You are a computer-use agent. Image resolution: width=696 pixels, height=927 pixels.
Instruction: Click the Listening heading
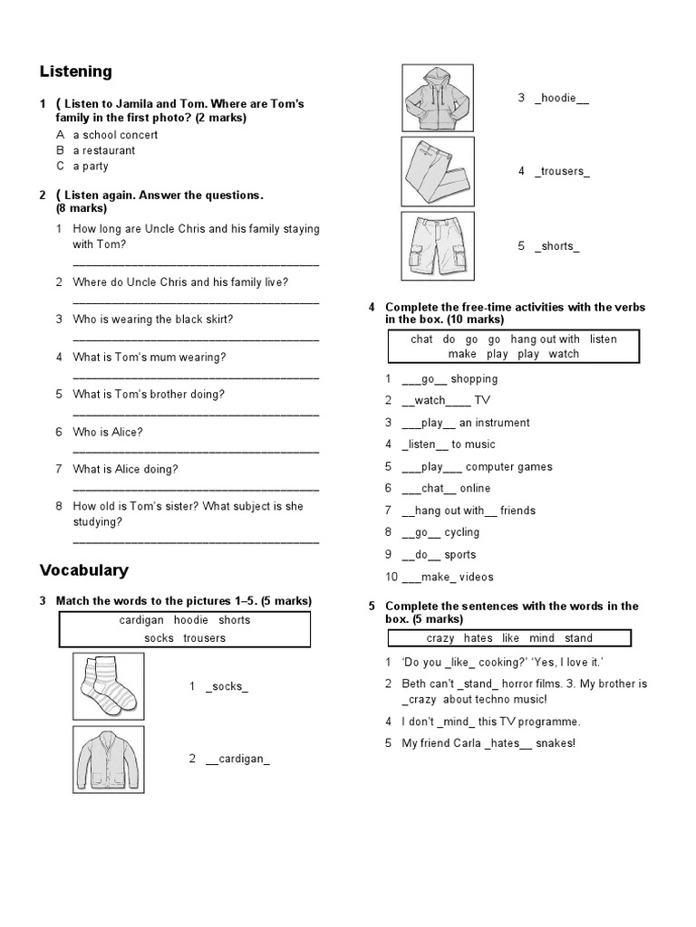tap(76, 72)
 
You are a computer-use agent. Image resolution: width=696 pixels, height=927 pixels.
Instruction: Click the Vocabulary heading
tap(84, 570)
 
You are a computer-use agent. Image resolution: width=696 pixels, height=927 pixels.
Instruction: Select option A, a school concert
tap(115, 135)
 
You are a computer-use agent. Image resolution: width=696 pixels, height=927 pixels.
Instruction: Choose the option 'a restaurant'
tap(104, 150)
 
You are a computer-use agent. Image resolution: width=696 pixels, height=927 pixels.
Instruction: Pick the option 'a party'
tap(91, 166)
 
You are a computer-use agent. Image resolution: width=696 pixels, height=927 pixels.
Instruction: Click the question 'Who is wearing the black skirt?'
tap(152, 319)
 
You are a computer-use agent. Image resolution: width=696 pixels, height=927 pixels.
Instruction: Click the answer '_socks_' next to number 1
tap(227, 687)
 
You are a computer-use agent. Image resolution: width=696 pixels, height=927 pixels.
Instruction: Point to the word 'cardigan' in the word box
tap(141, 620)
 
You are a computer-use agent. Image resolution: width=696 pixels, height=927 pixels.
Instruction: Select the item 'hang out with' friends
tap(469, 511)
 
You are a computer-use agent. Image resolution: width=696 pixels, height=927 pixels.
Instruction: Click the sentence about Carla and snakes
tap(488, 743)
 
